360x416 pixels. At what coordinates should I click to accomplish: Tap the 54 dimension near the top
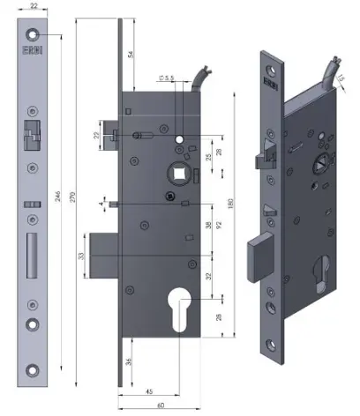click(130, 55)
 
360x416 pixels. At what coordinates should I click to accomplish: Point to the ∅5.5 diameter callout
click(165, 78)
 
